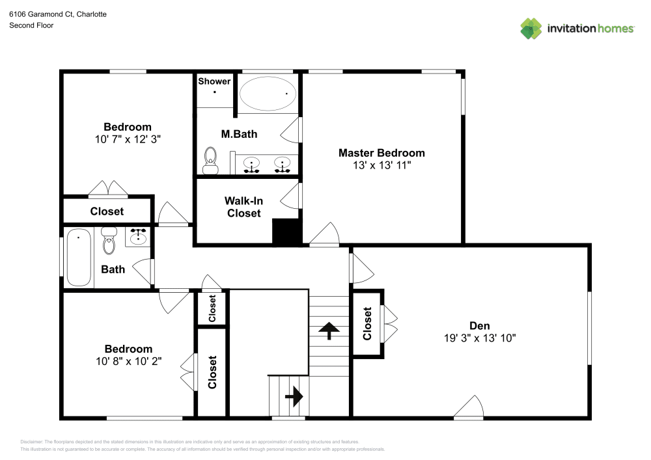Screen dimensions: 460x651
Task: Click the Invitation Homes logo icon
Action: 531,28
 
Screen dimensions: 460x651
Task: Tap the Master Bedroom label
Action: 381,153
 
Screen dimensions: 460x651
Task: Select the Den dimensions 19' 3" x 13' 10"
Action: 479,338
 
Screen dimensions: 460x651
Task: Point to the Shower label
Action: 214,81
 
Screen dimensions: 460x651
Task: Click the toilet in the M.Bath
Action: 210,161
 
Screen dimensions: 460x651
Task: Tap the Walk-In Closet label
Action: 243,207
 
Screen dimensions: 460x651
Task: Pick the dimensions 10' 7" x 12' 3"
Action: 128,139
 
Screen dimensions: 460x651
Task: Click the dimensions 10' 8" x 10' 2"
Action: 128,361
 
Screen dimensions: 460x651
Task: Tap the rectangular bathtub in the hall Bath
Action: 79,258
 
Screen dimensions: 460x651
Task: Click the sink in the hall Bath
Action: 139,237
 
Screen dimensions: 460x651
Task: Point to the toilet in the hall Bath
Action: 109,241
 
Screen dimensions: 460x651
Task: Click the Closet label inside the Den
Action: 368,323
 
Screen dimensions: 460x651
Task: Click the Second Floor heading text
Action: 31,25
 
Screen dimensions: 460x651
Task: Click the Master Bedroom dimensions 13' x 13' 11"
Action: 381,165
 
